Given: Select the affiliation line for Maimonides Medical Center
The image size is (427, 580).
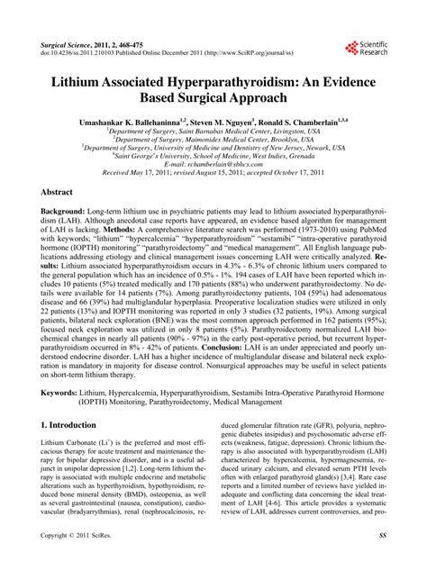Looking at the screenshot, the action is pyautogui.click(x=213, y=139).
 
